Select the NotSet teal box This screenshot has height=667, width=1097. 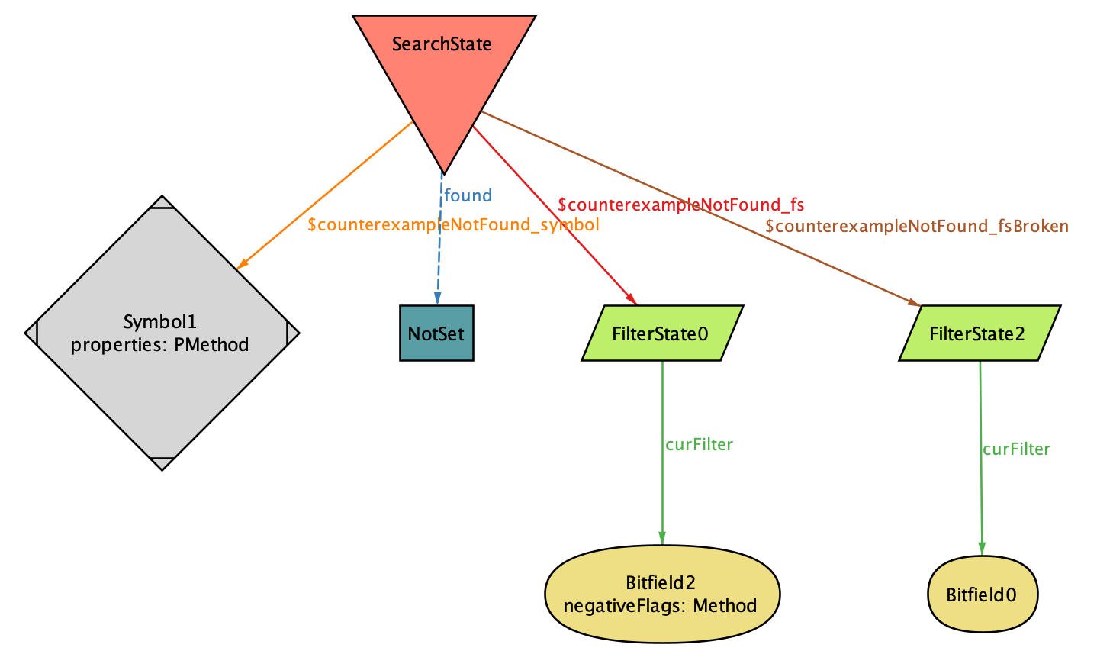tap(436, 333)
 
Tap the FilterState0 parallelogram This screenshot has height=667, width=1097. tap(661, 333)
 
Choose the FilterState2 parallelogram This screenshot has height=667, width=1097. tap(979, 333)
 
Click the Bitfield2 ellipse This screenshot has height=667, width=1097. tap(661, 594)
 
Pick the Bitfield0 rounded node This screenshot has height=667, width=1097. tap(982, 594)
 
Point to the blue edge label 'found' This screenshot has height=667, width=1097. tap(468, 195)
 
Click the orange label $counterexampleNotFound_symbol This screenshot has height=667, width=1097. tap(453, 225)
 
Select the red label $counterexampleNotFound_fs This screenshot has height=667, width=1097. tap(680, 205)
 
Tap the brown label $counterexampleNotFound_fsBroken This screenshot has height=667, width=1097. tap(916, 226)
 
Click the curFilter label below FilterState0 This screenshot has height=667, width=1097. tap(699, 444)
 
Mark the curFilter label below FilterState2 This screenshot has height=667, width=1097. tap(1016, 449)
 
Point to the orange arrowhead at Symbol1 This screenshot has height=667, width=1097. tap(242, 263)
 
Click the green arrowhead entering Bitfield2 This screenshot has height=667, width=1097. tap(661, 539)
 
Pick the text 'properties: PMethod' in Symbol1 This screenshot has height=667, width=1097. tap(159, 345)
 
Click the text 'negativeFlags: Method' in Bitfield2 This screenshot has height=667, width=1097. tap(660, 606)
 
